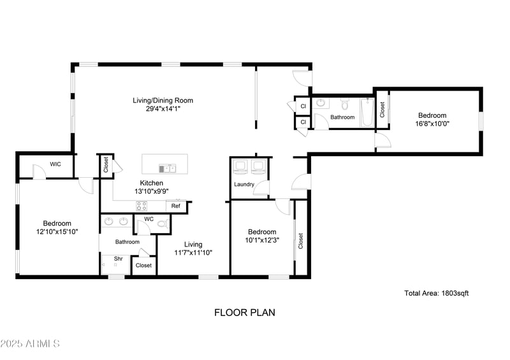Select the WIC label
coord(55,164)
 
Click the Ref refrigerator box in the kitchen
coord(175,206)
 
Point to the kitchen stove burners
coord(142,206)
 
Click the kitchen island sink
coord(168,168)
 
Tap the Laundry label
coord(244,185)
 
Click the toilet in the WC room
coord(163,223)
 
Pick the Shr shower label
coord(119,259)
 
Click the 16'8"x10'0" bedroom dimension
coord(433,124)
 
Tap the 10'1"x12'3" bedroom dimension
coord(262,240)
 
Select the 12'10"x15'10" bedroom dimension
coord(57,232)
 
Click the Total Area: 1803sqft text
coord(437,293)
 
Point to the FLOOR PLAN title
coord(244,313)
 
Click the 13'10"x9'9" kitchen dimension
coord(152,191)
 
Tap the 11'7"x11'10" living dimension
coord(193,253)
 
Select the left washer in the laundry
coord(241,167)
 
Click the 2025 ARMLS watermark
coord(30,344)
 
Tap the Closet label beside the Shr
coord(144,265)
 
